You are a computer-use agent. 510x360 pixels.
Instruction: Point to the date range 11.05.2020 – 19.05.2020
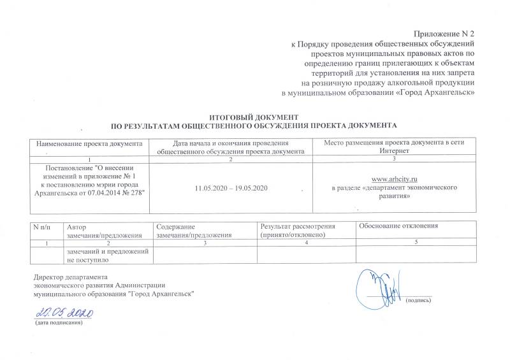tap(235, 190)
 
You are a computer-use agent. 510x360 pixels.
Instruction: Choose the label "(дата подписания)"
tap(59, 324)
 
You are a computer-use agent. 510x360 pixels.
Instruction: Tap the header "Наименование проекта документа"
tap(89, 143)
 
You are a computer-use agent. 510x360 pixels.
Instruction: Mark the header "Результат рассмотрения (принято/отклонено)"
tap(298, 231)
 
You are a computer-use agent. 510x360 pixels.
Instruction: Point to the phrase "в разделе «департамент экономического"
tap(396, 190)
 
